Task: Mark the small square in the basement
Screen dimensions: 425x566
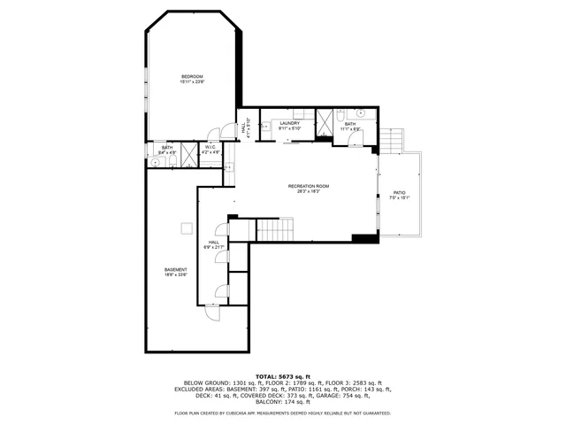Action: (187, 228)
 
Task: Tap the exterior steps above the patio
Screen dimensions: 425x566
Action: (392, 140)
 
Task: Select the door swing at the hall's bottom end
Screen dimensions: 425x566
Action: (212, 310)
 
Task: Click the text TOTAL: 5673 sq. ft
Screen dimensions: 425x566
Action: (283, 376)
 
